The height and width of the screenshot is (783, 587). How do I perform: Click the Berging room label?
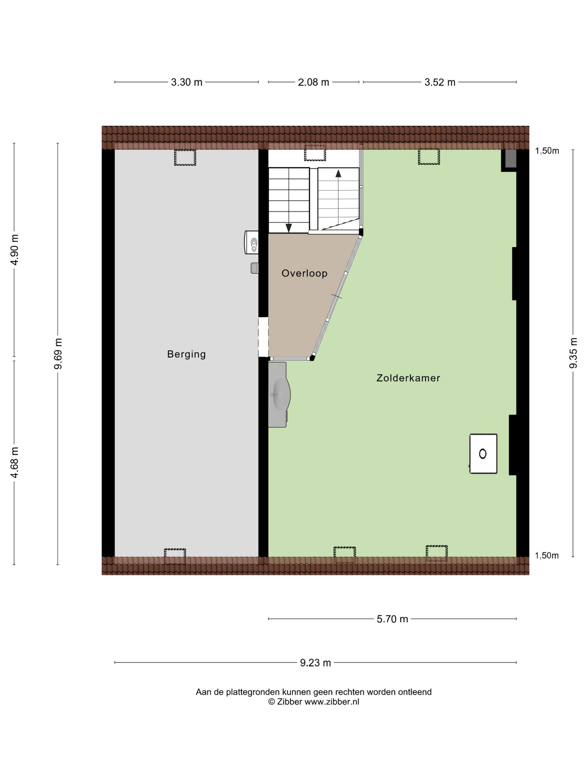click(x=186, y=354)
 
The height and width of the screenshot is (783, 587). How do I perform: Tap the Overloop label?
click(x=304, y=273)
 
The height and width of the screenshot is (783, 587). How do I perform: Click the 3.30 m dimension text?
click(x=186, y=82)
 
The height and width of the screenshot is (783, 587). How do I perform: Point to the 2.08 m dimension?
click(x=314, y=82)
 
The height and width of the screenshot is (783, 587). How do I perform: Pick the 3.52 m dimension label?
click(x=440, y=82)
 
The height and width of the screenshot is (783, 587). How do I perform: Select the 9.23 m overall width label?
click(x=315, y=663)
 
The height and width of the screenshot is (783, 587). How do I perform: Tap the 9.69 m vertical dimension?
click(x=58, y=353)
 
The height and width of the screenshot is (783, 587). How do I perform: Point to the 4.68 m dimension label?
click(x=14, y=462)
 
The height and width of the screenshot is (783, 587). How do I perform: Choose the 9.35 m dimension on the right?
click(x=573, y=353)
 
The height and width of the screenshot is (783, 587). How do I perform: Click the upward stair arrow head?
click(x=338, y=173)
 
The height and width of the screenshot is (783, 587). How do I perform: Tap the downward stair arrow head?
click(x=289, y=228)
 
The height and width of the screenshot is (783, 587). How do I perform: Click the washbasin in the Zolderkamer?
click(x=279, y=395)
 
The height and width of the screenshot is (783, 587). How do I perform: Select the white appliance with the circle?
click(x=483, y=454)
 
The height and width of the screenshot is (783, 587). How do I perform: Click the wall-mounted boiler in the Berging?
click(x=251, y=242)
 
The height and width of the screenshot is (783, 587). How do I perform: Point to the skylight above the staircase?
click(x=315, y=153)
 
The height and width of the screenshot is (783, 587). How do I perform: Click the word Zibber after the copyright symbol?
click(x=289, y=702)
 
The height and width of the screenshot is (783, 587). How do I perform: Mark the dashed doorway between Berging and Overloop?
click(x=263, y=337)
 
